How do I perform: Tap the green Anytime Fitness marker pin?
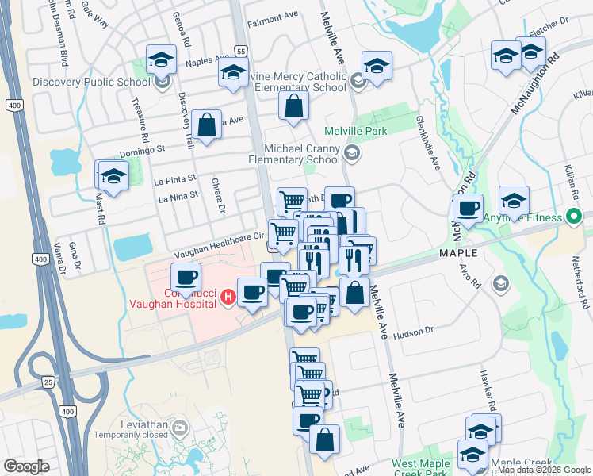pyautogui.click(x=573, y=217)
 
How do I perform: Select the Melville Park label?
pyautogui.click(x=353, y=131)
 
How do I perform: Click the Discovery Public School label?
pyautogui.click(x=91, y=81)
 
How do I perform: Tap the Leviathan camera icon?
pyautogui.click(x=180, y=429)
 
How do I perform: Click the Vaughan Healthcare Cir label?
pyautogui.click(x=214, y=236)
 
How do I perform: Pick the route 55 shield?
pyautogui.click(x=241, y=51)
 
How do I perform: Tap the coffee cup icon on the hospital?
pyautogui.click(x=186, y=278)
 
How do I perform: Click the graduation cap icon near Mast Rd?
pyautogui.click(x=113, y=176)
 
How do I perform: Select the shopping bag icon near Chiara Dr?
pyautogui.click(x=206, y=125)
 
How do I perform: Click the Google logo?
pyautogui.click(x=26, y=467)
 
